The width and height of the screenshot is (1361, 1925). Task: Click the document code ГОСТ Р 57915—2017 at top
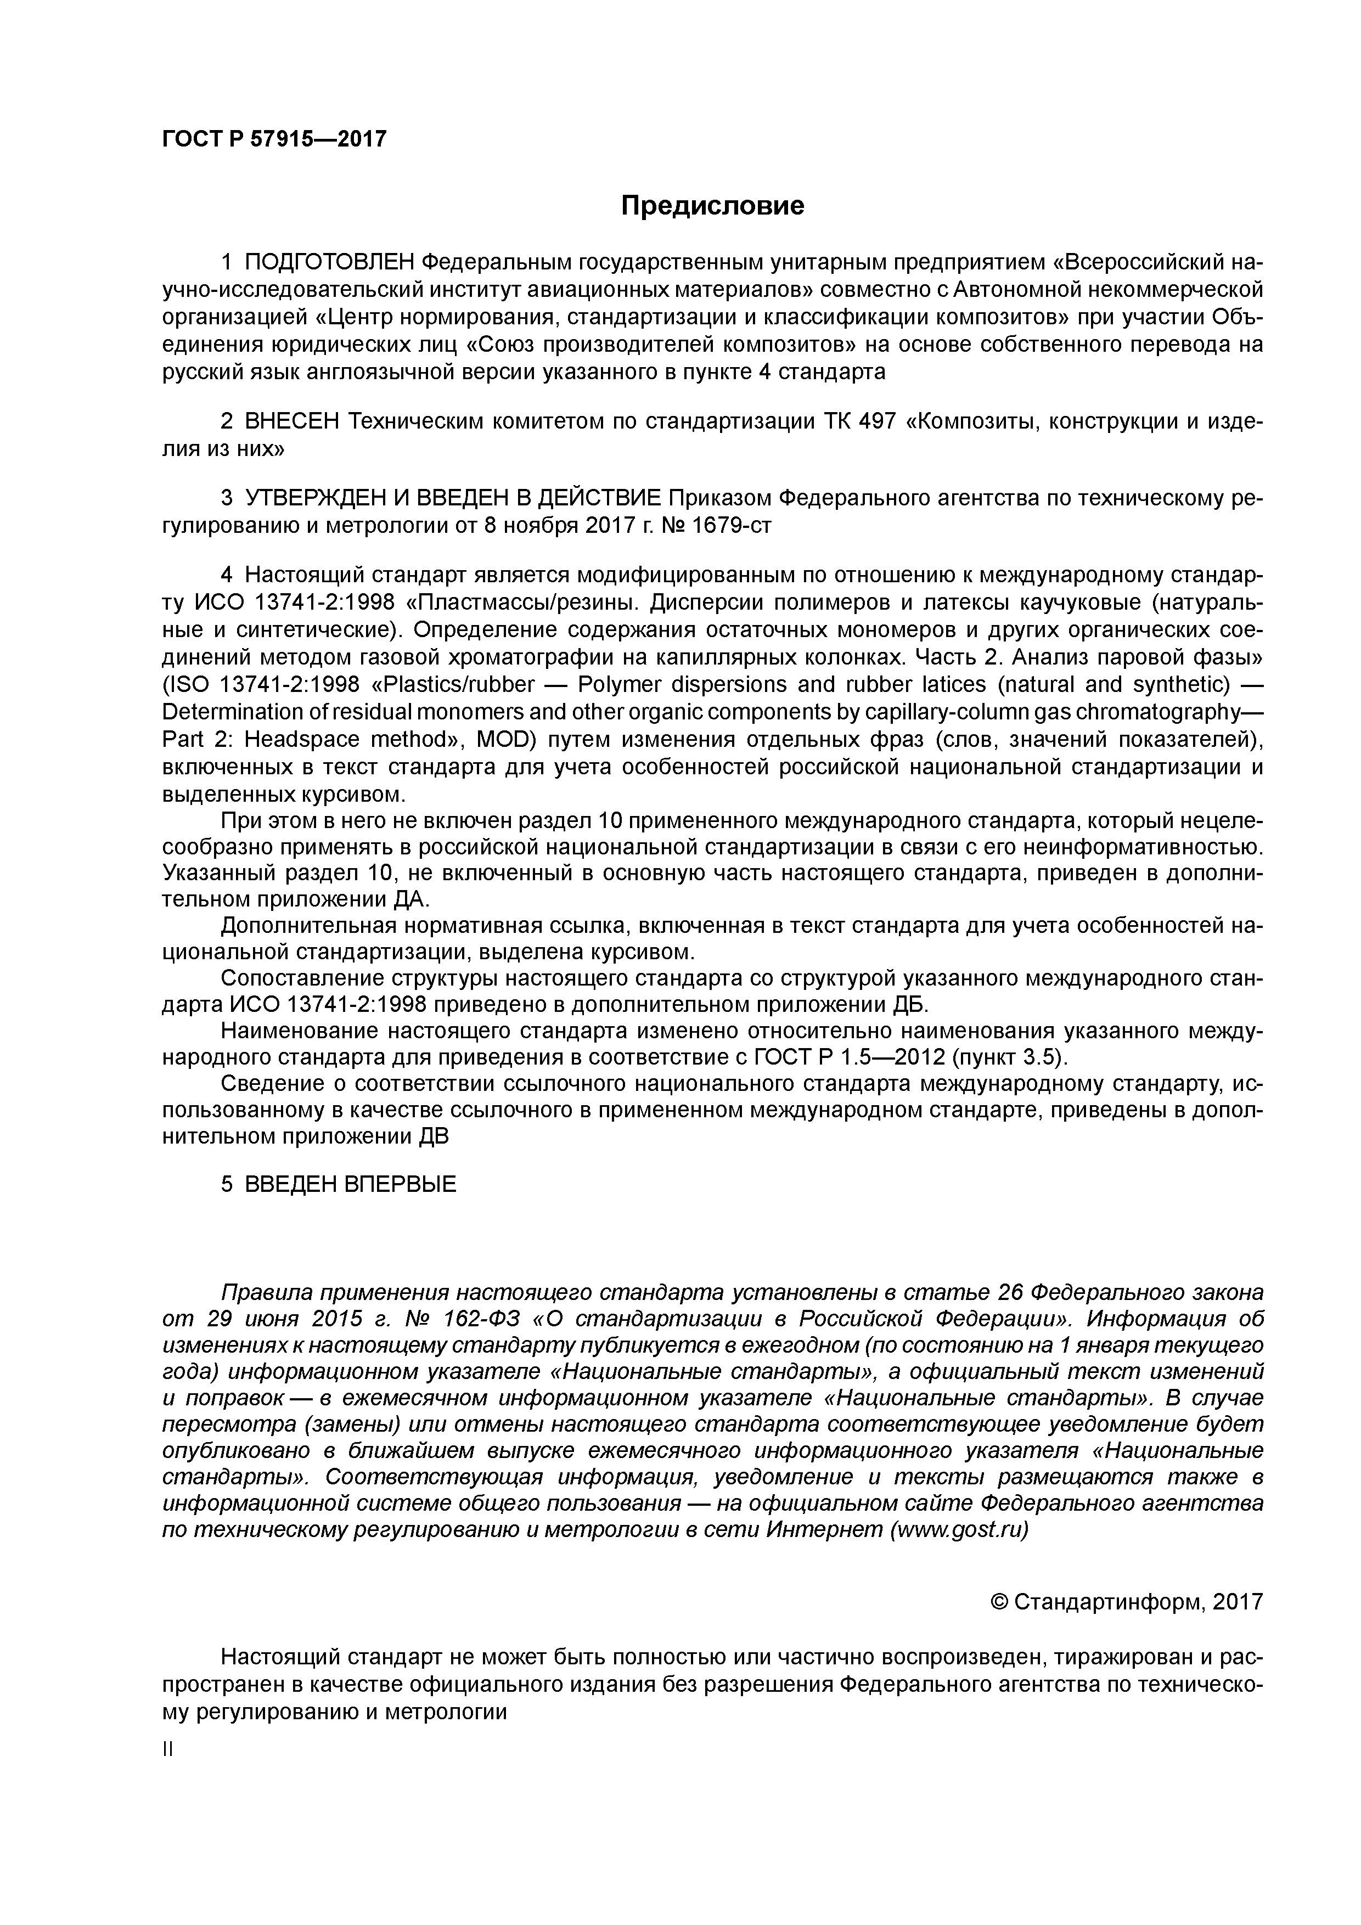pyautogui.click(x=274, y=138)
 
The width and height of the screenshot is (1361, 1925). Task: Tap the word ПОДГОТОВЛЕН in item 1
pyautogui.click(x=330, y=262)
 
